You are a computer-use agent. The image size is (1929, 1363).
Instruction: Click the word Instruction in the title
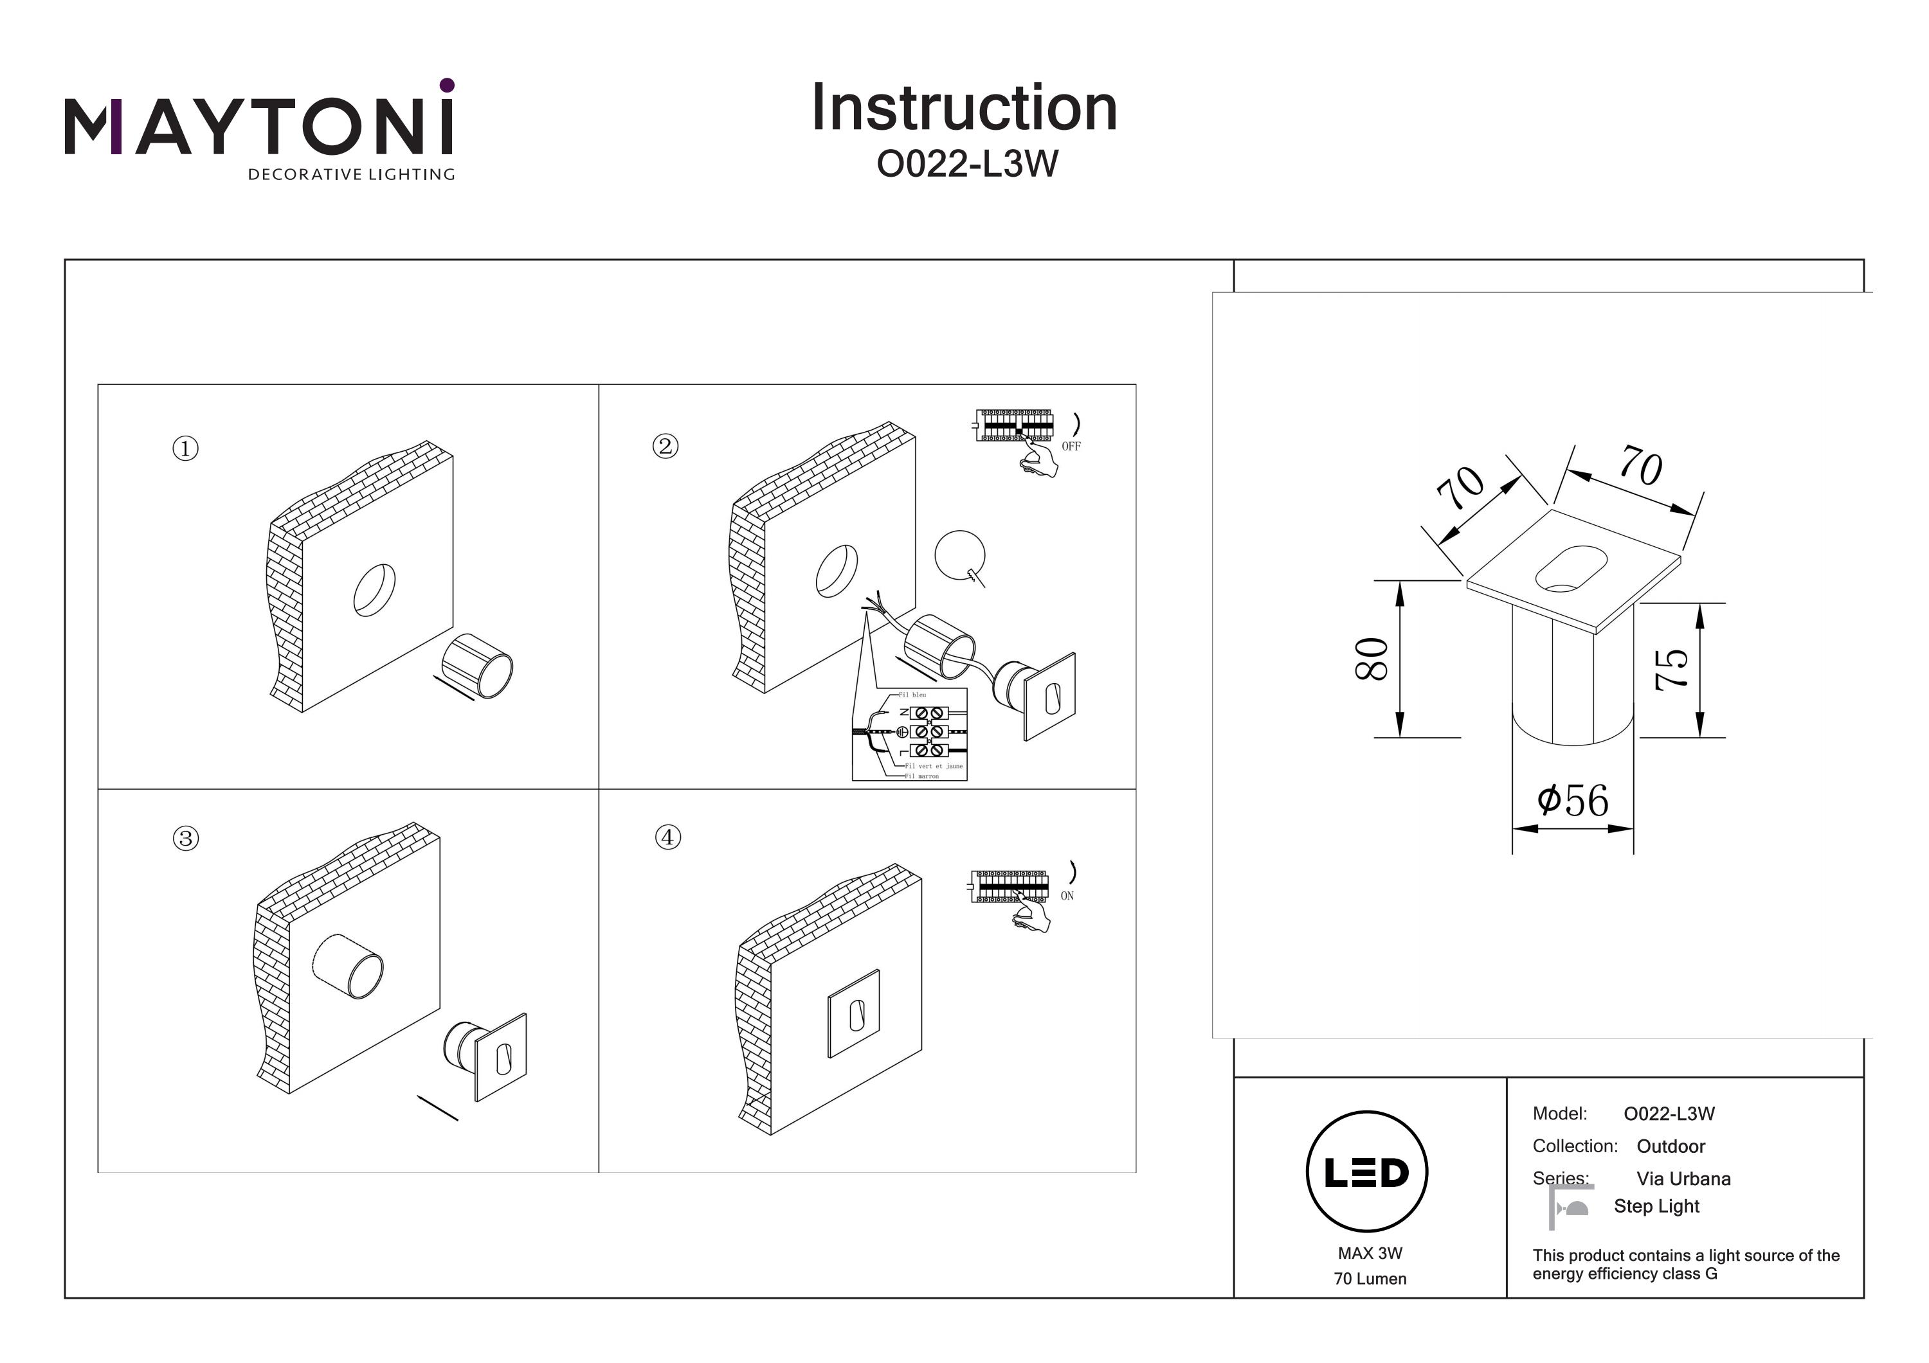964,109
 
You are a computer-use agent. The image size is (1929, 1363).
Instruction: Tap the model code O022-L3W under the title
967,164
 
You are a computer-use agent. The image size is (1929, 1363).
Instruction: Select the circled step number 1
186,449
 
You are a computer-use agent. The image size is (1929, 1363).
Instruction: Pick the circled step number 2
666,446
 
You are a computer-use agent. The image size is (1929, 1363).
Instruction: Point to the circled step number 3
186,838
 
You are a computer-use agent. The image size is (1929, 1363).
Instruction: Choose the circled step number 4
668,837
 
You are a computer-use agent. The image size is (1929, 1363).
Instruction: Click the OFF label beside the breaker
1071,447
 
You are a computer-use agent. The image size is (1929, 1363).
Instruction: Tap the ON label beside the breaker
1067,896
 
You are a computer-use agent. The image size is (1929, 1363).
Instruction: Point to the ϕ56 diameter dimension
1573,800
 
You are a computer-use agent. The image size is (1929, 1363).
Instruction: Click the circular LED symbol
1367,1172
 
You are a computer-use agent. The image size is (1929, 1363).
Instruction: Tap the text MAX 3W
1370,1253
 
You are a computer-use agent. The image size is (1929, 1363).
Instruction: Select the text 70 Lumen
1370,1278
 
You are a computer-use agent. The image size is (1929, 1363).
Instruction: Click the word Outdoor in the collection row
1671,1146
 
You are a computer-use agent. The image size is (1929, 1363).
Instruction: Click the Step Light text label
1656,1206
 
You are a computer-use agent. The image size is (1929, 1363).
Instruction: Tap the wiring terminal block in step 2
928,731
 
